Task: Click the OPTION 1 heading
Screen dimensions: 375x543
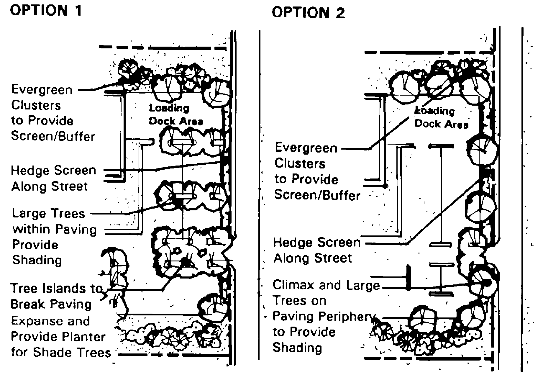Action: [x=46, y=11]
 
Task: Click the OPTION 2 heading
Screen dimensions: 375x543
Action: [x=308, y=13]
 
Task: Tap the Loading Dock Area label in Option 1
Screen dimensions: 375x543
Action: [x=176, y=114]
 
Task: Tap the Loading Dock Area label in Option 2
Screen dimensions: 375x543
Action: [x=441, y=118]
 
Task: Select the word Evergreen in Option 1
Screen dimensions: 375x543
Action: [x=42, y=90]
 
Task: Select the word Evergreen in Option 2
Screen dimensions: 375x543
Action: [x=306, y=148]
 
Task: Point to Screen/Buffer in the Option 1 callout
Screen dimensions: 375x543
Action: [x=53, y=136]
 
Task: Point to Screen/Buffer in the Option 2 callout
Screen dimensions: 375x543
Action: [x=317, y=195]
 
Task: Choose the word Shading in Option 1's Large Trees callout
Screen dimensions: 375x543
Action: [x=37, y=261]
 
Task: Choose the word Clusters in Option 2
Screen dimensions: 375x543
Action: [x=300, y=164]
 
